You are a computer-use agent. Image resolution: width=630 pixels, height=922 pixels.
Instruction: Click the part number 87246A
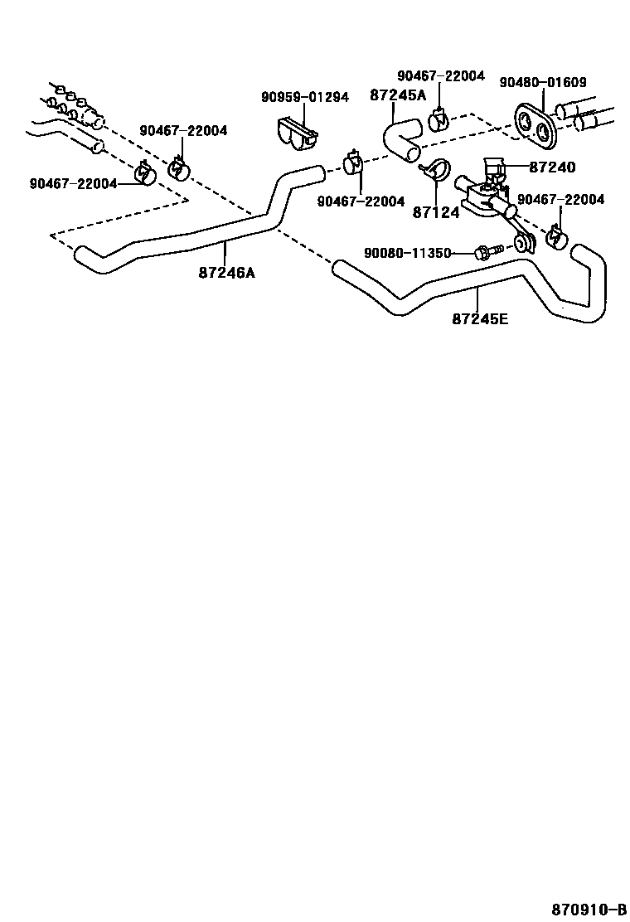[226, 271]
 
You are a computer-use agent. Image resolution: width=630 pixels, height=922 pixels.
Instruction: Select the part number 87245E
[480, 318]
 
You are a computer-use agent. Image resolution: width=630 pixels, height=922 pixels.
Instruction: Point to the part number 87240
[551, 167]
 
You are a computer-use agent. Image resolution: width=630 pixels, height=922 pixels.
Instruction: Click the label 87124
[435, 212]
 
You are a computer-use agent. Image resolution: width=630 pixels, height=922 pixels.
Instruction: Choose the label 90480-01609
[543, 82]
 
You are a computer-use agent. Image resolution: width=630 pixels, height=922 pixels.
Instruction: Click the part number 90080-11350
[407, 252]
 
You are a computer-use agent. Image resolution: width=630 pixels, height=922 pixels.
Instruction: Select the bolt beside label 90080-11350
[484, 251]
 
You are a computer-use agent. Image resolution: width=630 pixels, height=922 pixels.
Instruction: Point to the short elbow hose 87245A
[402, 139]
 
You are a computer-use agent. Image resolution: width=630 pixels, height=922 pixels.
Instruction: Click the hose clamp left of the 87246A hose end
[146, 173]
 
